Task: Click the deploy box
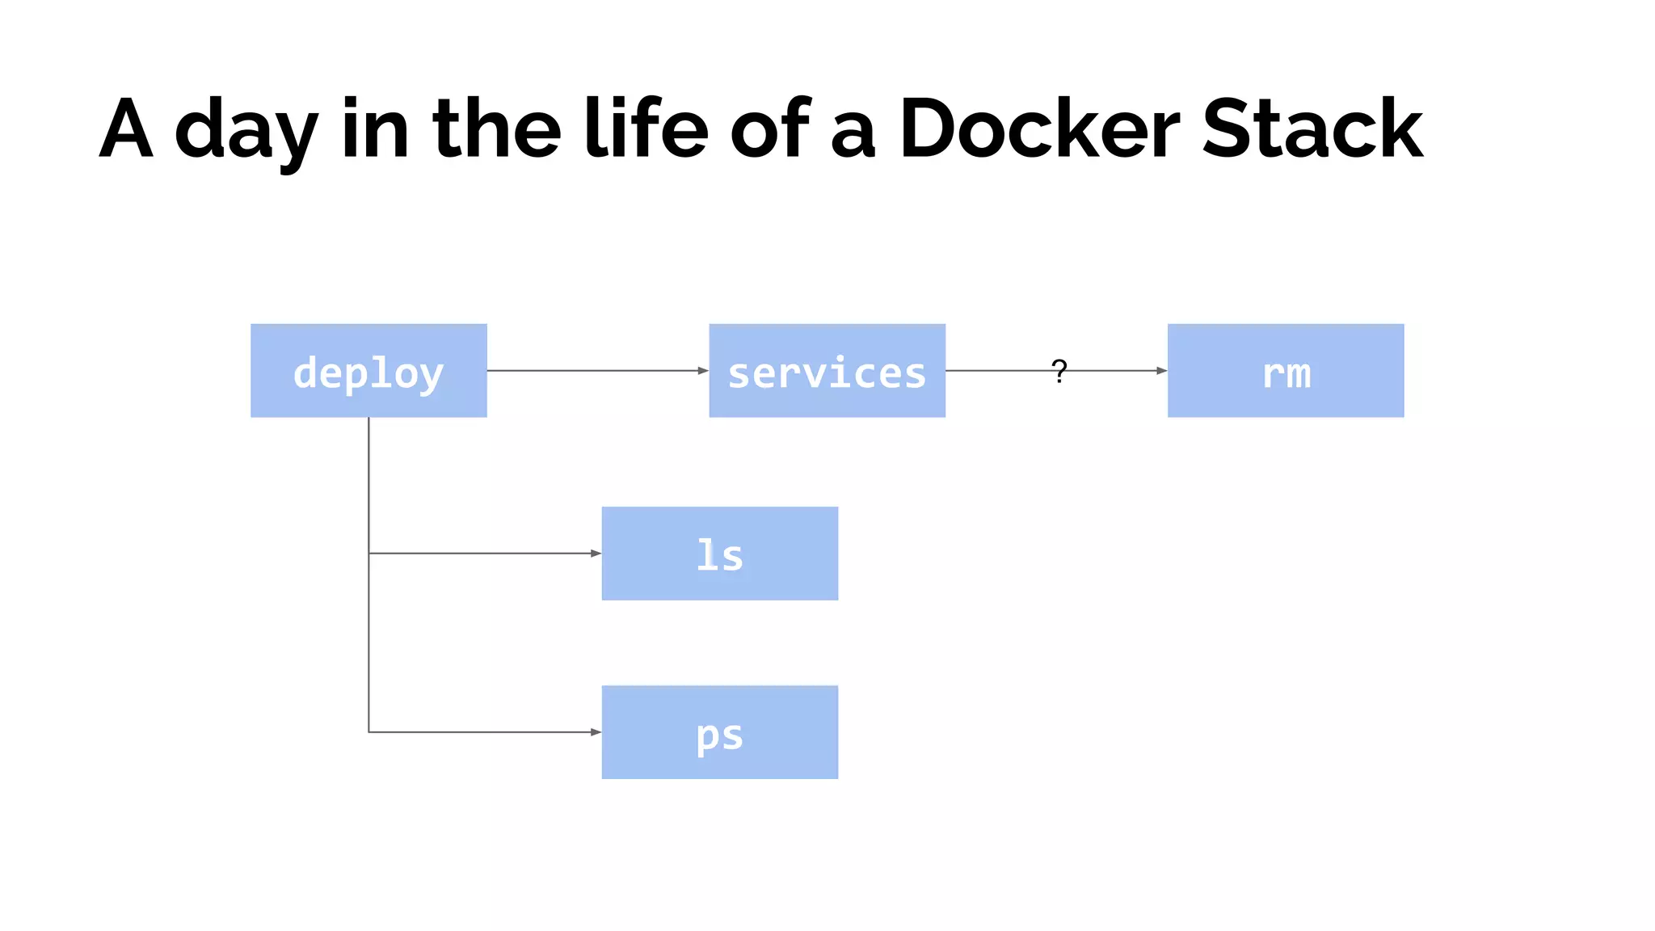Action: [x=368, y=371]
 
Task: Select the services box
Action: [x=827, y=371]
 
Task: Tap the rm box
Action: [x=1285, y=371]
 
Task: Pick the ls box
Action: [x=719, y=554]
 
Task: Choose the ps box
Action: [x=719, y=732]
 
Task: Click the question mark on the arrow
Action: [x=1059, y=371]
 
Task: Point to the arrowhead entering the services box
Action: [x=703, y=371]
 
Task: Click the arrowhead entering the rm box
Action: [x=1161, y=371]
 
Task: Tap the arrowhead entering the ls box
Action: [x=596, y=554]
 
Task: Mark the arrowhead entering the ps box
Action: [x=596, y=732]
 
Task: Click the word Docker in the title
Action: [x=1039, y=129]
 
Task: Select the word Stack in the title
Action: [x=1312, y=129]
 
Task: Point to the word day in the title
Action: [x=246, y=133]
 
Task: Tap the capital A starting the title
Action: [x=126, y=129]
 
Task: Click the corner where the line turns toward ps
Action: [x=368, y=732]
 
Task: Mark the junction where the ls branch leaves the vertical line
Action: [x=368, y=554]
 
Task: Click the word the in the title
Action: [x=497, y=129]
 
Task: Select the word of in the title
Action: [x=770, y=129]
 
